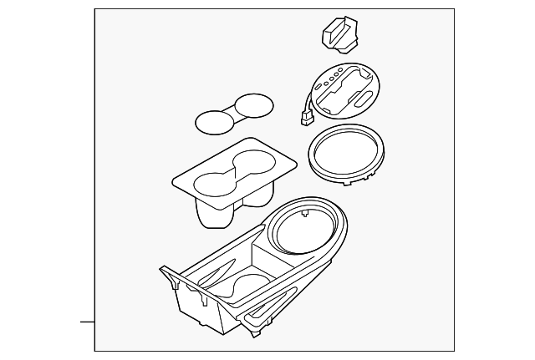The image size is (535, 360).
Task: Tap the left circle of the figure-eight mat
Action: (x=215, y=122)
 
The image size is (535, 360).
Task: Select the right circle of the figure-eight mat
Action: (x=254, y=106)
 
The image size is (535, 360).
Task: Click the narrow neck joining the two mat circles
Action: (x=234, y=114)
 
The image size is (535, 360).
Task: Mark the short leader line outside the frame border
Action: (x=86, y=320)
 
